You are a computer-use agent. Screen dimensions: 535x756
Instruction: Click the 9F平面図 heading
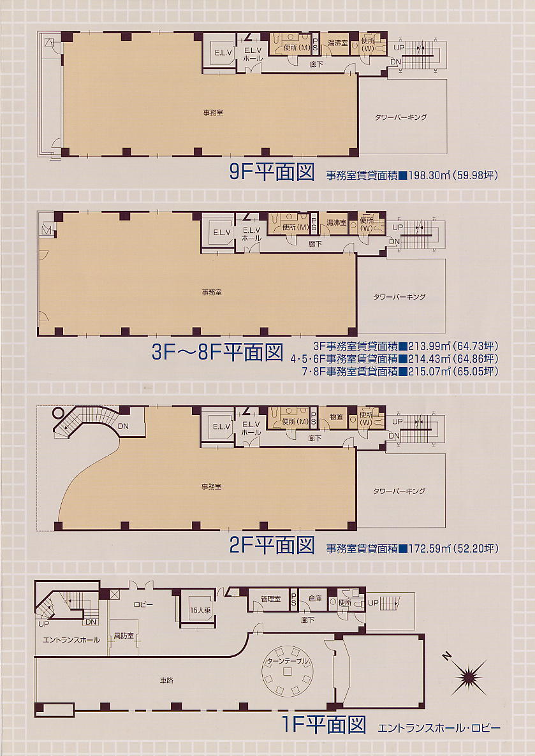[272, 172]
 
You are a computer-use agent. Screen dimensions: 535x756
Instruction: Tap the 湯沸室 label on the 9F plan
[338, 43]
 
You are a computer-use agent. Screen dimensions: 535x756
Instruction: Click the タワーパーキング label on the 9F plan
[401, 117]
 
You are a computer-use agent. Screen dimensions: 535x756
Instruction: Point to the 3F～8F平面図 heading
[217, 353]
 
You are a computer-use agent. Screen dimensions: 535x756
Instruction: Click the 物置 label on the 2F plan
[336, 416]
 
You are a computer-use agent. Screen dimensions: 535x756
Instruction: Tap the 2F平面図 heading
[272, 545]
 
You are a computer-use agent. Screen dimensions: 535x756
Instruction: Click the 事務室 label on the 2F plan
[211, 486]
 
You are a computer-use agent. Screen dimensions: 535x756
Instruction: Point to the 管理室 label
[270, 599]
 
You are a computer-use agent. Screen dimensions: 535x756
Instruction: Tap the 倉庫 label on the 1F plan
[315, 599]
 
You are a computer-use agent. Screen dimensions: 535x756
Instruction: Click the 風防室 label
[124, 636]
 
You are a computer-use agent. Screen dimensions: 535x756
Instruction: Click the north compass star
[469, 678]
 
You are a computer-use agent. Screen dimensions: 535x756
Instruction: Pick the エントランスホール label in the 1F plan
[71, 640]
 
